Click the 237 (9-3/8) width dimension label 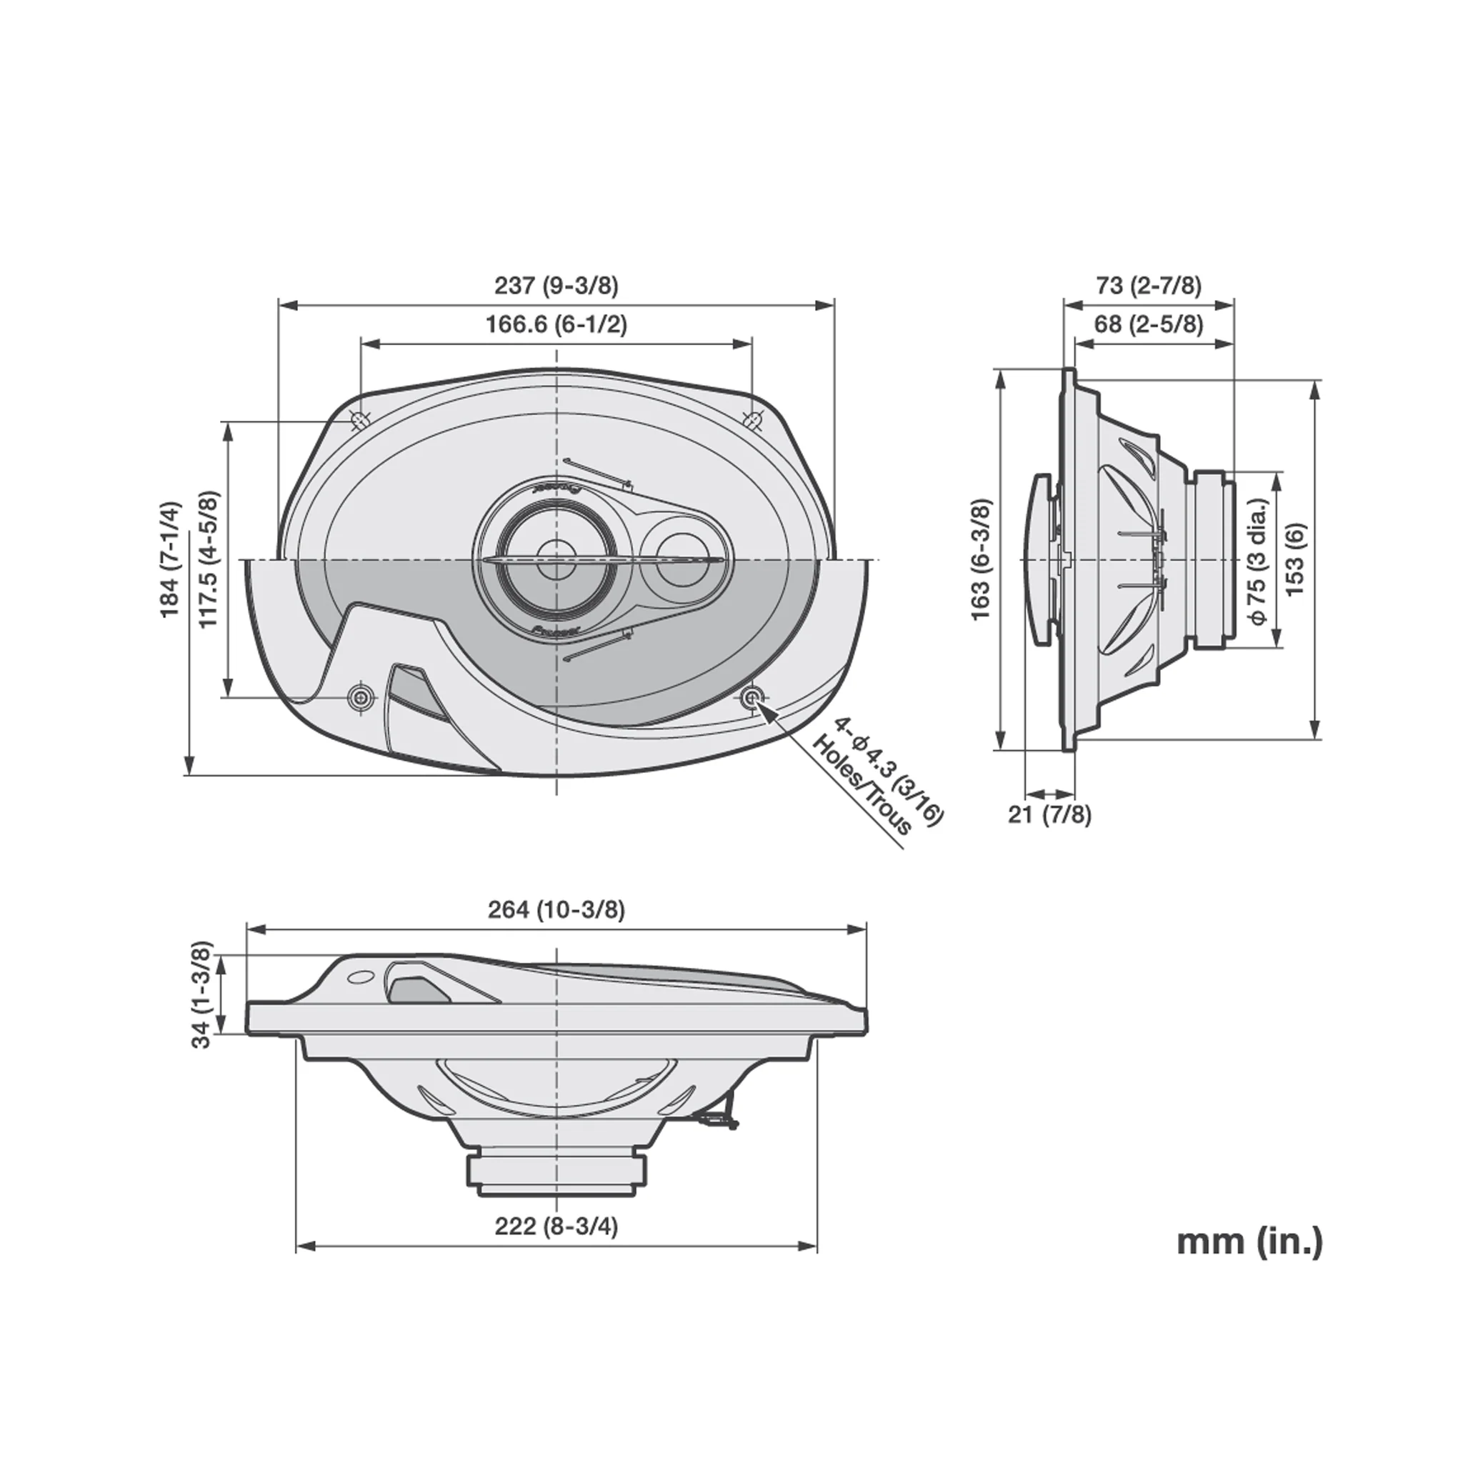(x=556, y=286)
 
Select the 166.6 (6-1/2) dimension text (x=556, y=324)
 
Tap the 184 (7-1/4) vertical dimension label (x=172, y=559)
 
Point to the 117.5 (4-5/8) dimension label (x=209, y=559)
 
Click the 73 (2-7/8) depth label (x=1149, y=286)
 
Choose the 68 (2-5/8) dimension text (x=1149, y=324)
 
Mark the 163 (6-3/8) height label (x=981, y=559)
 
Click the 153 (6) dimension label (x=1296, y=559)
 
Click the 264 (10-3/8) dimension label (x=556, y=909)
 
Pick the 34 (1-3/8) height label (x=201, y=994)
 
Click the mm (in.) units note (x=1249, y=1262)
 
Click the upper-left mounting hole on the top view (x=361, y=419)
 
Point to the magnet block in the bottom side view (x=556, y=1182)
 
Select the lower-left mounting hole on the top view (x=361, y=697)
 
